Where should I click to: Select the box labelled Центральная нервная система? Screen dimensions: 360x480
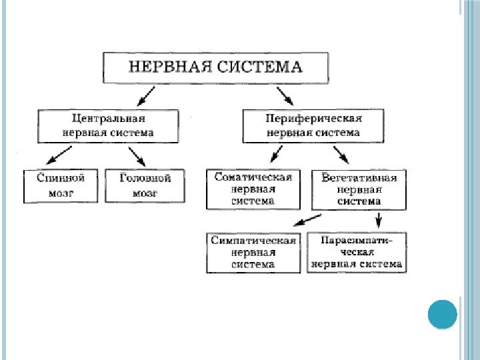click(109, 125)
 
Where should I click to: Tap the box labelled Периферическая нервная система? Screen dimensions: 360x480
click(313, 125)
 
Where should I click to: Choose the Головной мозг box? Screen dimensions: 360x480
click(145, 186)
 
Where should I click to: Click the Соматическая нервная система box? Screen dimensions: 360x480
click(253, 189)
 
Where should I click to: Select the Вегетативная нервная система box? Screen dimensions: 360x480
click(359, 189)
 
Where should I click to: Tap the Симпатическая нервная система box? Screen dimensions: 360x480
click(253, 253)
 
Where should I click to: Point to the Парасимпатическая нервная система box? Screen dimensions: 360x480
click(356, 253)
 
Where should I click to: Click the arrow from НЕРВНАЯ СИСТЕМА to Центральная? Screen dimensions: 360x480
click(147, 95)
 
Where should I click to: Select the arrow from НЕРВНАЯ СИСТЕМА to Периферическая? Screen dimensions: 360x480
click(285, 95)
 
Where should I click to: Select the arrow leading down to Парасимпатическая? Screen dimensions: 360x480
click(379, 219)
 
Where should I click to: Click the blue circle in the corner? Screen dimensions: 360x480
click(441, 313)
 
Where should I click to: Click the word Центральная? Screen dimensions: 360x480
click(109, 119)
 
